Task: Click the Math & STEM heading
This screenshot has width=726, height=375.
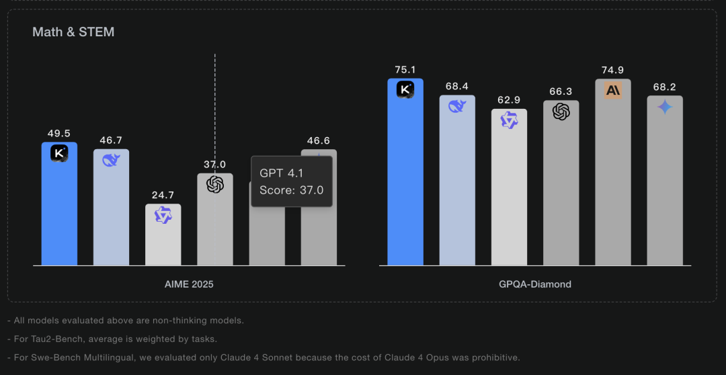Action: click(x=73, y=32)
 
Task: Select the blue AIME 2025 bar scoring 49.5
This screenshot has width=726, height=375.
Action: click(x=59, y=208)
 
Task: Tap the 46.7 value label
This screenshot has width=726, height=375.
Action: click(x=111, y=140)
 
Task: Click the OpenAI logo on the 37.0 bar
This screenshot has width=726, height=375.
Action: click(x=215, y=184)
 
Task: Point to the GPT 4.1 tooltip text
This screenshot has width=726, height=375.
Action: click(x=281, y=173)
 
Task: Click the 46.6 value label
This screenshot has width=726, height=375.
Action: click(x=319, y=140)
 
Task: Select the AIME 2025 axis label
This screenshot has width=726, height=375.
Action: click(x=189, y=284)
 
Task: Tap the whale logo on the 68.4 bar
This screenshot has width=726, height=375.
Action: click(x=457, y=106)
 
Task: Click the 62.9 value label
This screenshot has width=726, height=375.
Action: click(x=509, y=100)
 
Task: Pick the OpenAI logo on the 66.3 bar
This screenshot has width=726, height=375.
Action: click(x=561, y=112)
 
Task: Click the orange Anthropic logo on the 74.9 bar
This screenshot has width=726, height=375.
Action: click(x=613, y=90)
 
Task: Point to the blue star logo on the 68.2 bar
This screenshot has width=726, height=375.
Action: click(x=665, y=107)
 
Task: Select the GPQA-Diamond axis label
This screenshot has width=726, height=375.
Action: click(x=535, y=284)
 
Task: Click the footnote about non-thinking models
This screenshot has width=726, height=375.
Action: click(x=126, y=321)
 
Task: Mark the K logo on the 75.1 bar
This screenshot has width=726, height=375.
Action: click(x=405, y=89)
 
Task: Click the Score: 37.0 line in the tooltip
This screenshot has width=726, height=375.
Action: click(x=291, y=190)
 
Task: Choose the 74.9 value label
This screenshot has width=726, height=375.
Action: click(x=613, y=70)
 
